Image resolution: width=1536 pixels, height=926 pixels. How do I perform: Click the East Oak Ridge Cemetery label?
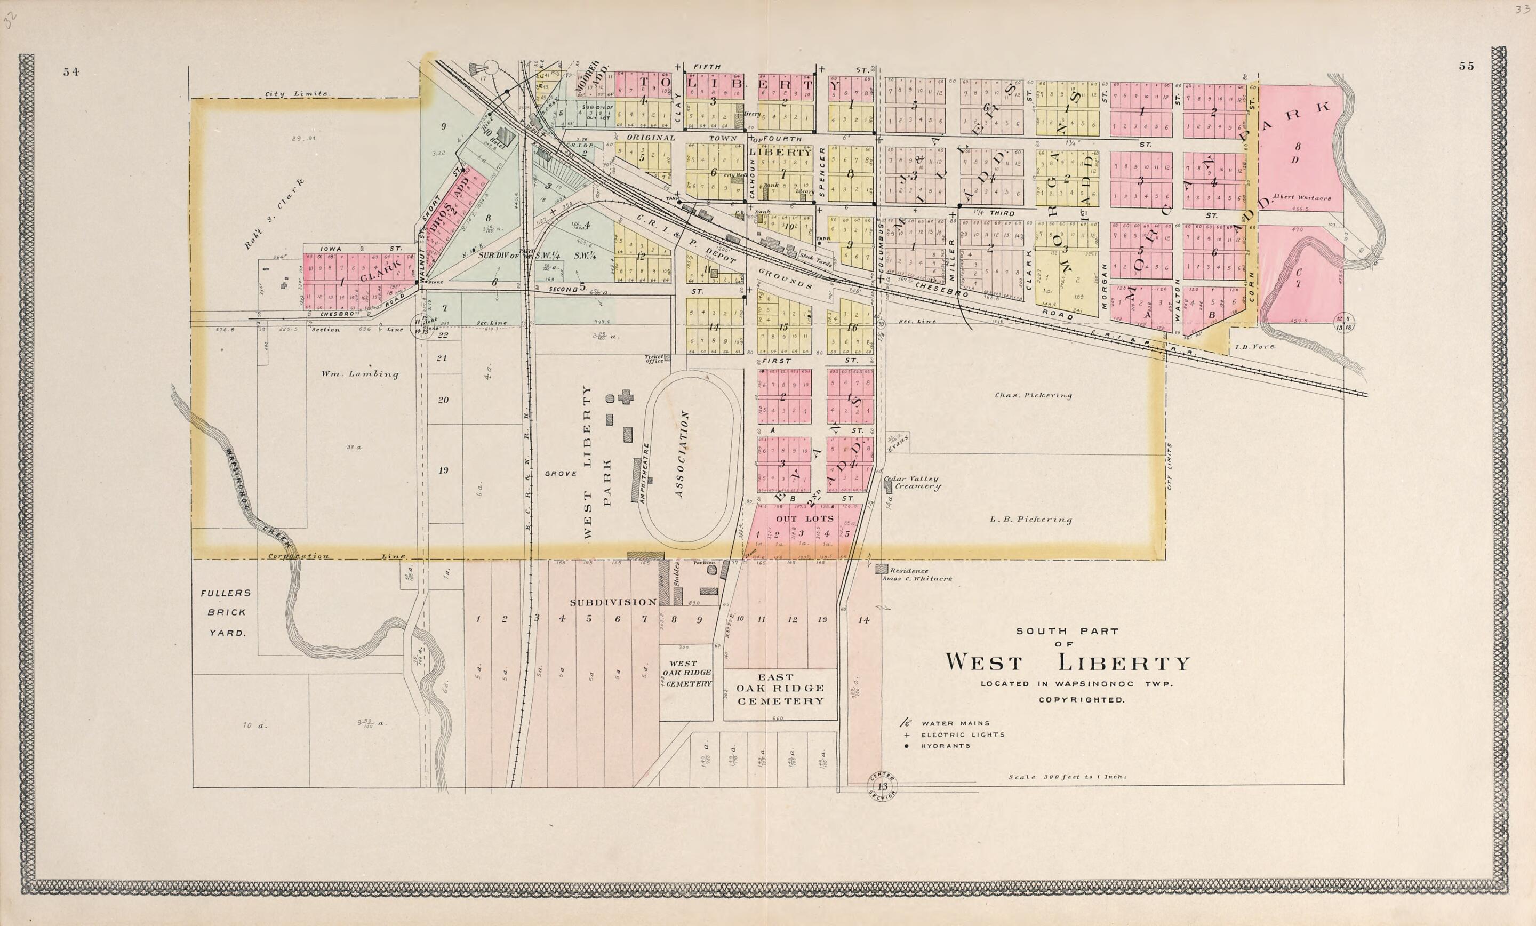780,689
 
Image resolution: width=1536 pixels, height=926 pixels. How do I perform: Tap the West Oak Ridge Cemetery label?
685,674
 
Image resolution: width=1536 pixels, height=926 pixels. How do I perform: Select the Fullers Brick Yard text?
225,612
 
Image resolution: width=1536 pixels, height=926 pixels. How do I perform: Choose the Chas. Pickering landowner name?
1033,395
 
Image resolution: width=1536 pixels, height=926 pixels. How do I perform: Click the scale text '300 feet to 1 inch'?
1068,777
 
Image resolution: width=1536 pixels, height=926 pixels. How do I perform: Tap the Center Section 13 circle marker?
882,787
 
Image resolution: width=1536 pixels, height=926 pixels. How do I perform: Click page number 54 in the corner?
70,71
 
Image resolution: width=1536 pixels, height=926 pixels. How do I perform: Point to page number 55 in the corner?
1466,67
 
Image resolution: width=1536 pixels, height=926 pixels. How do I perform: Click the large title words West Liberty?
1068,662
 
